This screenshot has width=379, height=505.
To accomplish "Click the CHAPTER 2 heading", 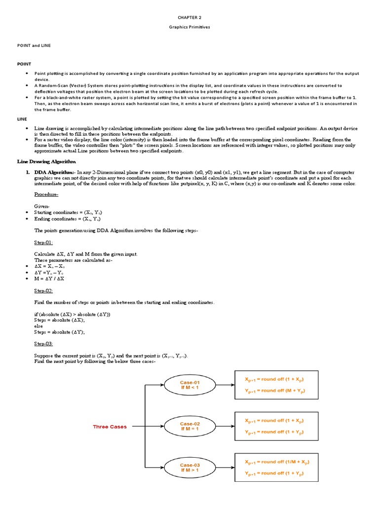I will (x=189, y=17).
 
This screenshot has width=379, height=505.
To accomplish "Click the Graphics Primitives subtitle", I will (x=189, y=27).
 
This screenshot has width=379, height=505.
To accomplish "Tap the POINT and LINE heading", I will (x=34, y=45).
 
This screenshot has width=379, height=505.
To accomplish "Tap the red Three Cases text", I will (x=110, y=427).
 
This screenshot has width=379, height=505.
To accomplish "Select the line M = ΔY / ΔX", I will (x=49, y=279).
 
